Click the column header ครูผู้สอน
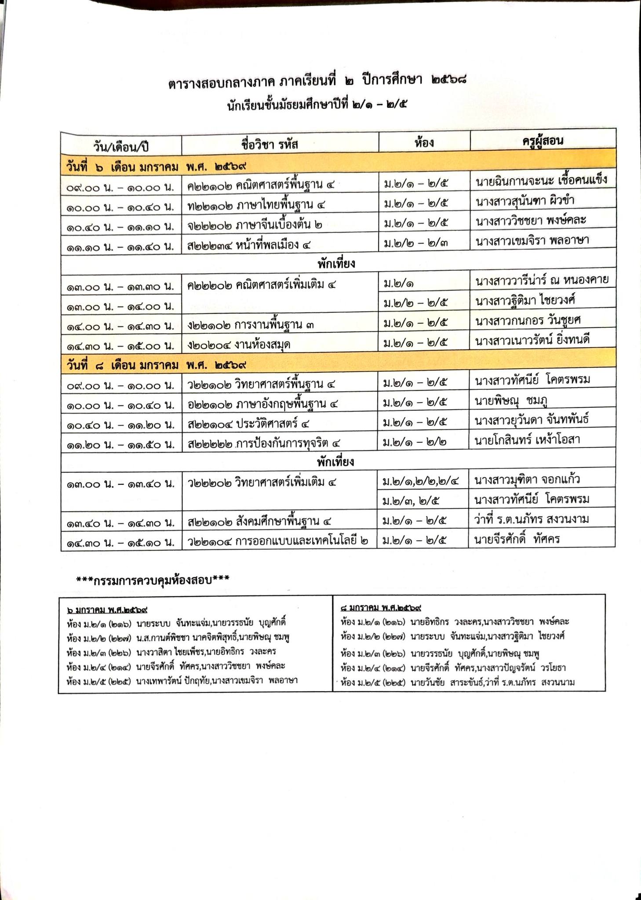click(543, 141)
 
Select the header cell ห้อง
click(424, 142)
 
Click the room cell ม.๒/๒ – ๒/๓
click(416, 241)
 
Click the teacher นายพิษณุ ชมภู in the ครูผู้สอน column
click(511, 400)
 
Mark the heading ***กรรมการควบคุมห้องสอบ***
click(153, 580)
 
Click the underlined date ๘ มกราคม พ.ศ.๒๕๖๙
click(381, 609)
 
